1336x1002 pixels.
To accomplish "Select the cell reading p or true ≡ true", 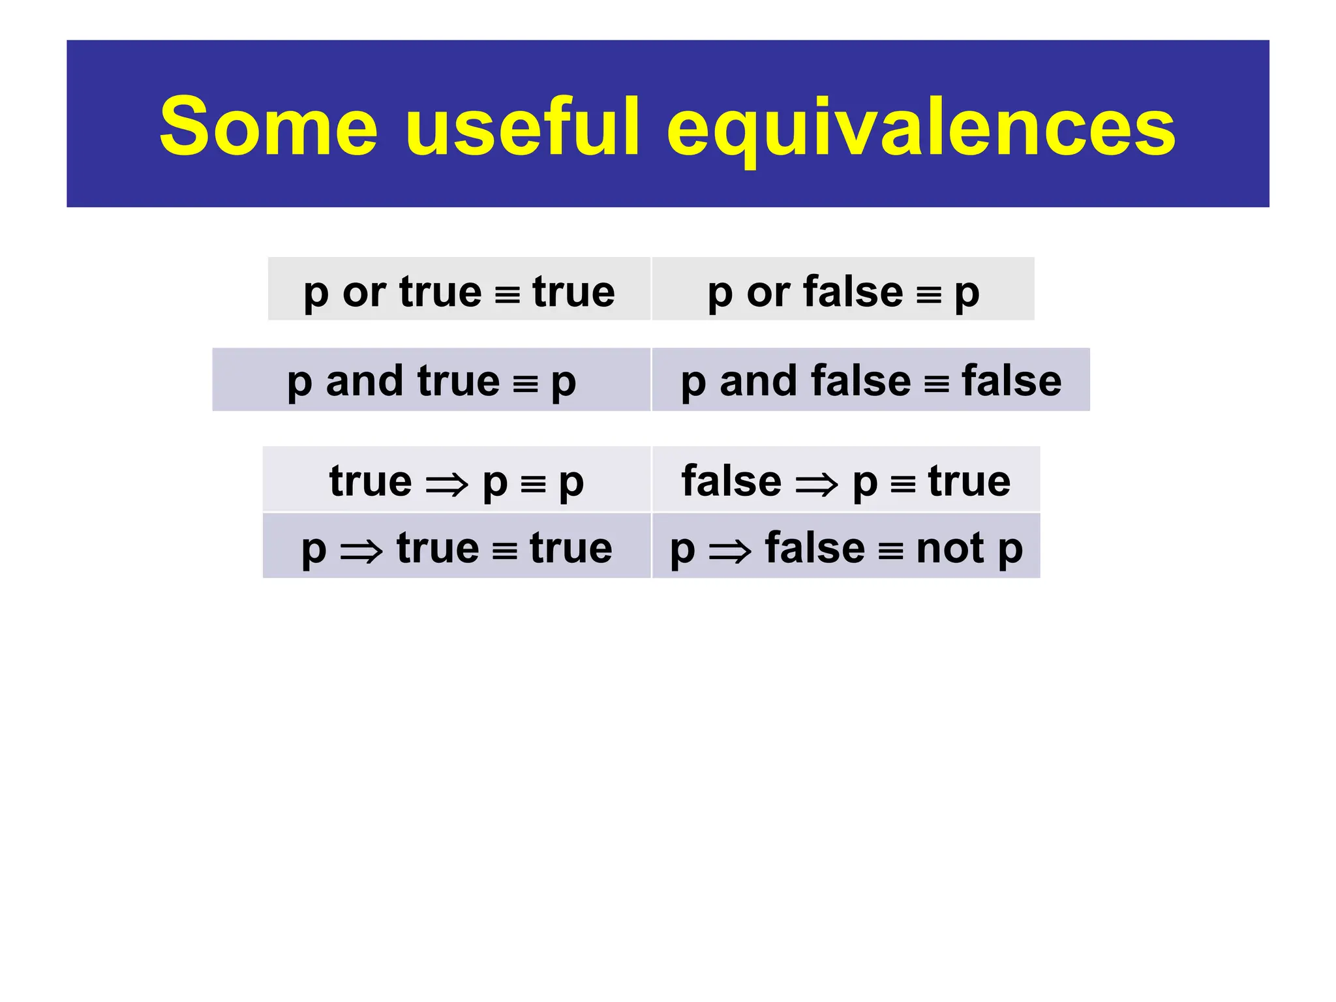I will click(x=459, y=289).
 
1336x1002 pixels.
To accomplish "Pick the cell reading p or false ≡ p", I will click(x=843, y=289).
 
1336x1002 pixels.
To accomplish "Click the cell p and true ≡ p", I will click(x=431, y=380).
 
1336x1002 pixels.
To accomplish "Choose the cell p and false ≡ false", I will click(x=871, y=380).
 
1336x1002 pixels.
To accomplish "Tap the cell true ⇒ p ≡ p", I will click(x=457, y=479).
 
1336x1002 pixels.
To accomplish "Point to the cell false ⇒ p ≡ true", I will click(x=846, y=479).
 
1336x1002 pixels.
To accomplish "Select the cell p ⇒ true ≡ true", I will click(x=457, y=546).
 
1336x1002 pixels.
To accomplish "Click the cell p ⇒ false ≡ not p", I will click(x=846, y=546).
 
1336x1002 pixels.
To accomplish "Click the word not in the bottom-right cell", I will click(x=950, y=548).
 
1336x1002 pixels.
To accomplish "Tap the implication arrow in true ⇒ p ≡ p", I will click(x=447, y=485).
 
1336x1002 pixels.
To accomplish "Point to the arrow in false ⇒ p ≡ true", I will click(x=817, y=485).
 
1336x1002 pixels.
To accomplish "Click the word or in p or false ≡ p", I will click(x=768, y=292).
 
